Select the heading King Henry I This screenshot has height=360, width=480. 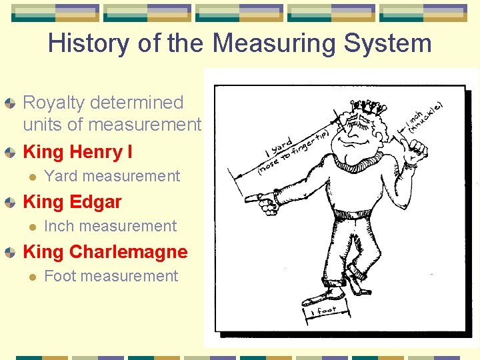pyautogui.click(x=77, y=152)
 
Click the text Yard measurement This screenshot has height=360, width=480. pyautogui.click(x=111, y=176)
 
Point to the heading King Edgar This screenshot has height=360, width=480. pyautogui.click(x=72, y=202)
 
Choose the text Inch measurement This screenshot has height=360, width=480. pyautogui.click(x=110, y=226)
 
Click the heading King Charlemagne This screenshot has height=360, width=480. pyautogui.click(x=105, y=252)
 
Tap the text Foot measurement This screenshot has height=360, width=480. pyautogui.click(x=111, y=276)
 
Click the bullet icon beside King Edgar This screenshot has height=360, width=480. pyautogui.click(x=9, y=202)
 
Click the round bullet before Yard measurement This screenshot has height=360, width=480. pyautogui.click(x=30, y=177)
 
